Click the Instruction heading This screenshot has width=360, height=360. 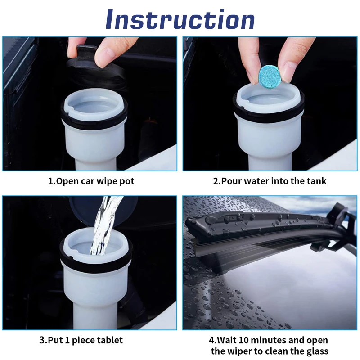pos(180,19)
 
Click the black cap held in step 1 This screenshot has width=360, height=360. pos(95,67)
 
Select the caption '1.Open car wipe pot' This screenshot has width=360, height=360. pos(91,181)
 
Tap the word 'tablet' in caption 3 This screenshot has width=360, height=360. pos(110,340)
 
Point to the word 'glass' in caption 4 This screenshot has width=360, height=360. pos(317,351)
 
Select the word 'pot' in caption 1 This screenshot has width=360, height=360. pos(127,181)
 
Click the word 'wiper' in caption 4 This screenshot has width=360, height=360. pos(239,351)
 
